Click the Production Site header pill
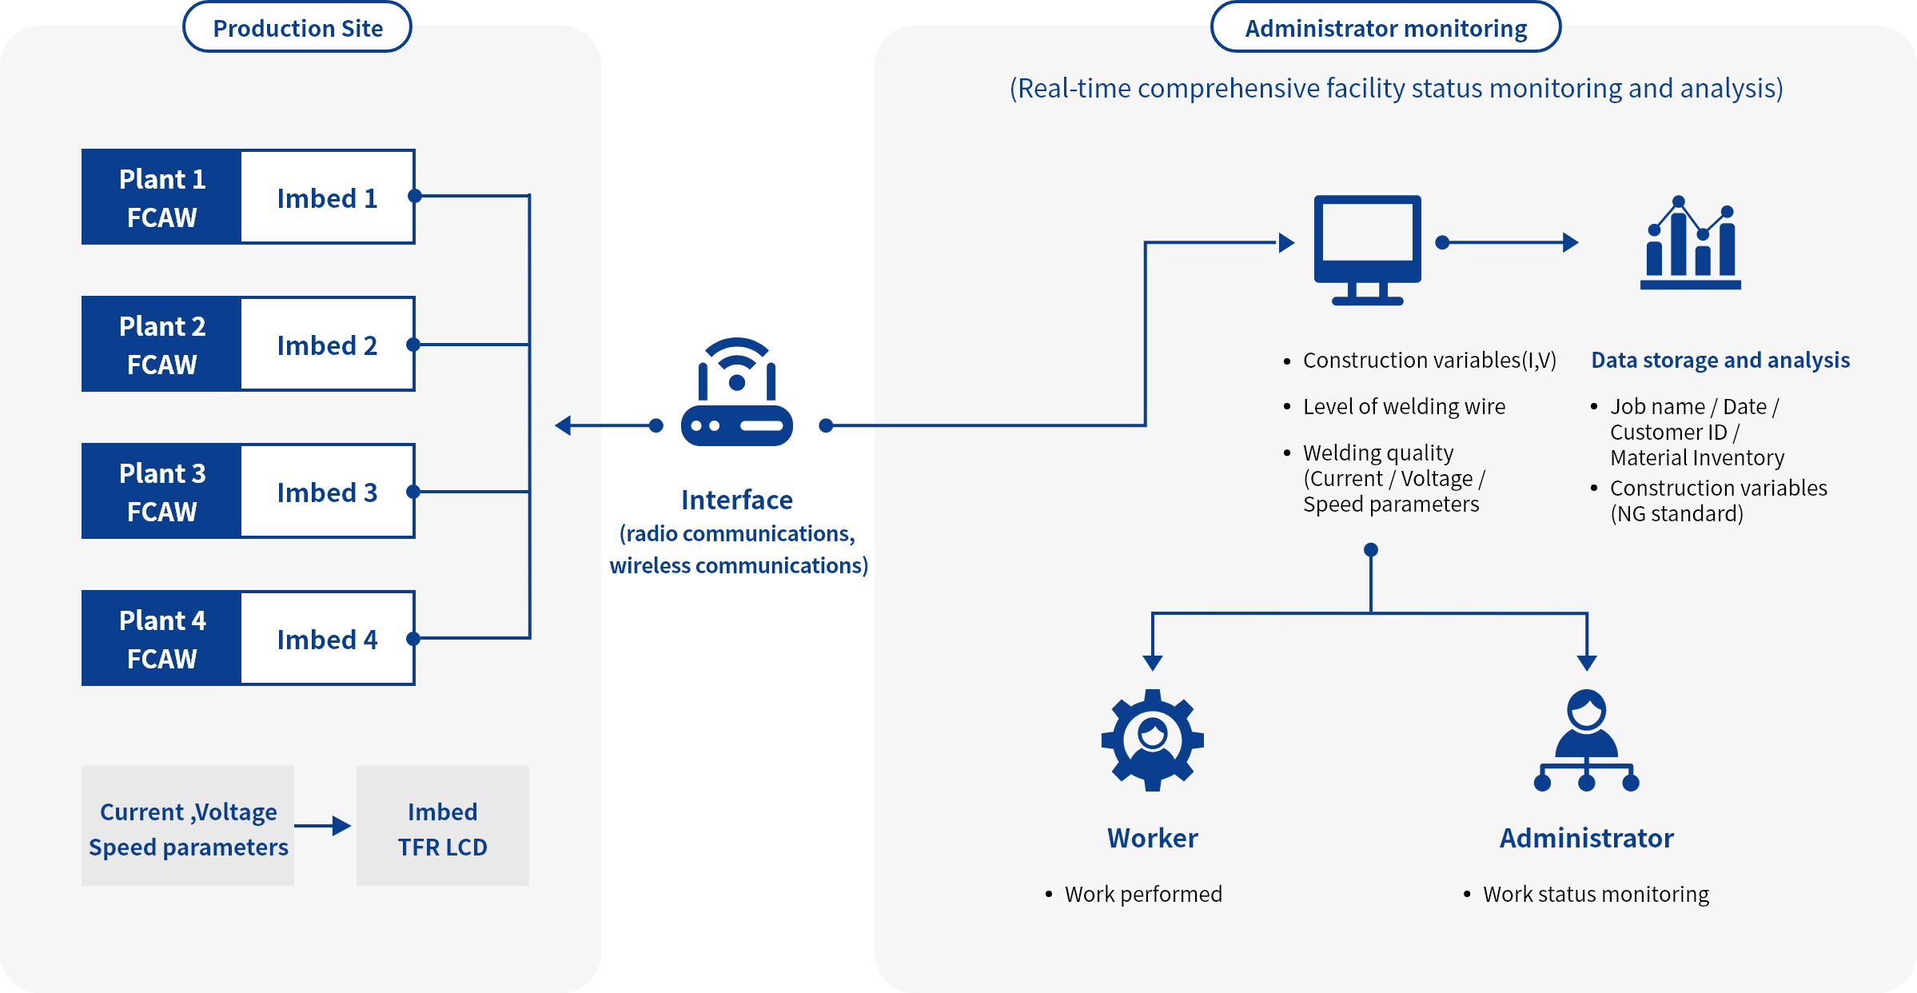tap(297, 28)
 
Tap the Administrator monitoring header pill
tap(1385, 28)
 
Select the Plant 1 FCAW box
tap(161, 197)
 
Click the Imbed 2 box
tap(327, 345)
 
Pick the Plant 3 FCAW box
tap(161, 492)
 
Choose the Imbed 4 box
tap(327, 639)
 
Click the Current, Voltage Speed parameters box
tap(188, 827)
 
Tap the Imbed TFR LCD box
tap(442, 827)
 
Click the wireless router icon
tap(736, 393)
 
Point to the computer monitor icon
tap(1367, 249)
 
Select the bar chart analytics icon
tap(1690, 243)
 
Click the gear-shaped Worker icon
tap(1152, 740)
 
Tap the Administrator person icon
tap(1586, 740)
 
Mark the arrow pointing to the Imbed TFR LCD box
tap(324, 826)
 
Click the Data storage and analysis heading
tap(1720, 361)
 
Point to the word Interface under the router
tap(736, 500)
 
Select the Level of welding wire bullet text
tap(1403, 407)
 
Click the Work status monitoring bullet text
tap(1595, 894)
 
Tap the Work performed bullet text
tap(1142, 894)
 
